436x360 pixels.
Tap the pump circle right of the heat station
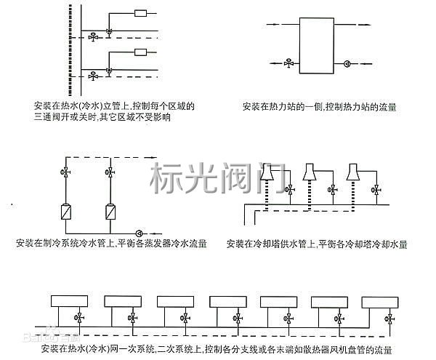click(x=348, y=63)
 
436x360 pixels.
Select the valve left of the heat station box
click(x=288, y=63)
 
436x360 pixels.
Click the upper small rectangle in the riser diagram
click(x=141, y=13)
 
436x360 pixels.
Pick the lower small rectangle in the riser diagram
click(x=141, y=52)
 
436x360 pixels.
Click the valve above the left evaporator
click(x=64, y=173)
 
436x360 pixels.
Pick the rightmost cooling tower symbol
click(x=354, y=172)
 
